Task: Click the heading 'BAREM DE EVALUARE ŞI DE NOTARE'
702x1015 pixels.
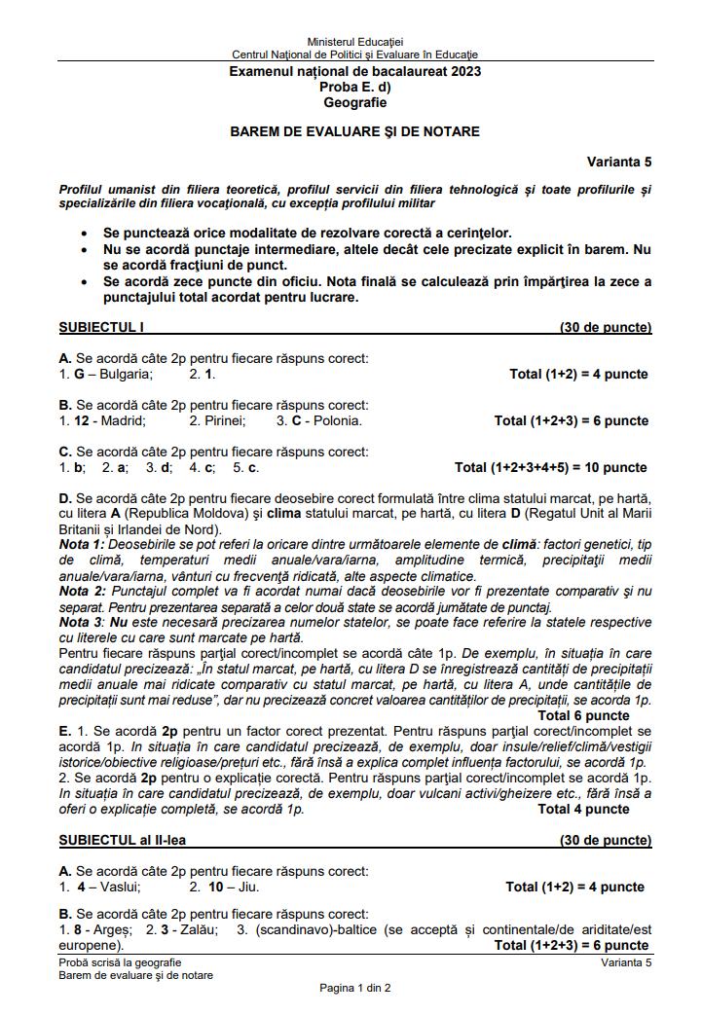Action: pos(354,131)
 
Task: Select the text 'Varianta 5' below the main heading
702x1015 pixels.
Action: pos(618,162)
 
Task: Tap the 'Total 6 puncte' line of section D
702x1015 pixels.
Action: pos(583,715)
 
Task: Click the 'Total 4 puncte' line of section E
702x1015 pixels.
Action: pos(583,809)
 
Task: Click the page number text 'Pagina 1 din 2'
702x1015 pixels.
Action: pos(354,988)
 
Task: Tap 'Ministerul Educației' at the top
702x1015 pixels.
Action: pos(354,43)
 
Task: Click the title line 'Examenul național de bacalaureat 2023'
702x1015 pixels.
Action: pos(354,72)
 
